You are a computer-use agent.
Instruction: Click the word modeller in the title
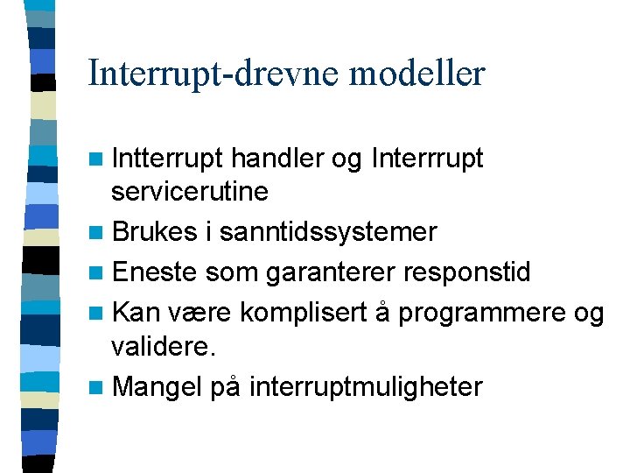[x=416, y=73]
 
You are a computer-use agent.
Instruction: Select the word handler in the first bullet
[x=278, y=159]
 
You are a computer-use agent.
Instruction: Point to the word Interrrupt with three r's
[x=427, y=159]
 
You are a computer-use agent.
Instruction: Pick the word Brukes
[x=153, y=231]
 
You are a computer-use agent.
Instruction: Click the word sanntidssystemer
[x=328, y=231]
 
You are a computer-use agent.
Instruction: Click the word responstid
[x=466, y=272]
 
